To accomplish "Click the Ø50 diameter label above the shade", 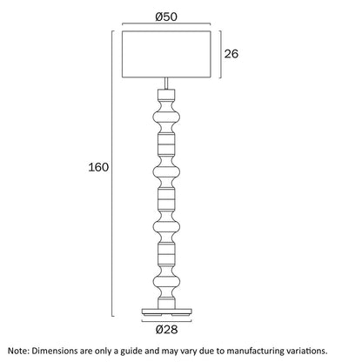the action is point(166,17).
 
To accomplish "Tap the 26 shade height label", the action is point(231,54).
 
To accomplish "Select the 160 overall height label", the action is point(98,167).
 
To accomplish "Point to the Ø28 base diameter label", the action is point(166,330).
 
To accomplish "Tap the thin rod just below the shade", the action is point(166,84).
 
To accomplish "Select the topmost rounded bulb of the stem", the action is point(166,117).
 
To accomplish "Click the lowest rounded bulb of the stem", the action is point(166,281).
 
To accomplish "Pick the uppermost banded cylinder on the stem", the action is point(166,144).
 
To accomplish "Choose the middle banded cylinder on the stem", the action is point(166,198).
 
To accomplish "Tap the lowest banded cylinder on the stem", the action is point(166,253).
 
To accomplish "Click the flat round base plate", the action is point(167,312).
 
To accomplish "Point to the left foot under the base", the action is point(153,315).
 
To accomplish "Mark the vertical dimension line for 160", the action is point(112,173).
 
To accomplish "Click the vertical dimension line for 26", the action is point(221,54).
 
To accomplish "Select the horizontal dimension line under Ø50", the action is point(166,23).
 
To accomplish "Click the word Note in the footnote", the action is point(17,351).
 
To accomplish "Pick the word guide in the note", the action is point(131,352).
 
